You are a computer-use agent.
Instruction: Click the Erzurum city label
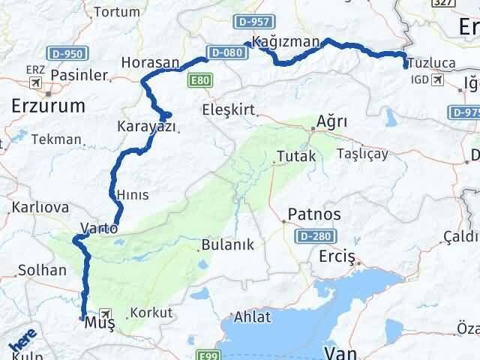coord(48,106)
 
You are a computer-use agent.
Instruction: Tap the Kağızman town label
coord(287,42)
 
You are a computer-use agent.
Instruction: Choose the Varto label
coord(98,226)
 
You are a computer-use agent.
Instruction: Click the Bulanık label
coord(228,245)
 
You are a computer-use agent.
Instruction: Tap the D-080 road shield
coord(226,52)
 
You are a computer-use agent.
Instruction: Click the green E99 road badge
coord(208,355)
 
